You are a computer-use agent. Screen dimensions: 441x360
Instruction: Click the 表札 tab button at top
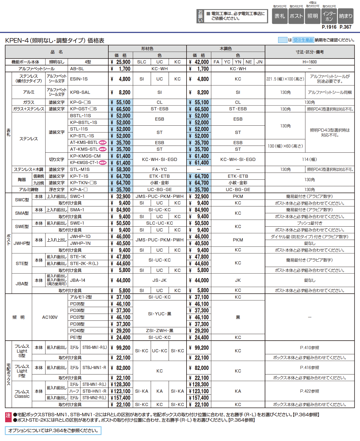tap(280, 16)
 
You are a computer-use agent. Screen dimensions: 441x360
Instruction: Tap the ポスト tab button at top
tap(296, 16)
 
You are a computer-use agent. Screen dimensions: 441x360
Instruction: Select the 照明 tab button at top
tap(313, 16)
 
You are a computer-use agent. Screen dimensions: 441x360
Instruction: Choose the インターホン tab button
tap(329, 16)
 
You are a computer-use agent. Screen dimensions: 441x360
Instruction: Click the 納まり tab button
tap(345, 16)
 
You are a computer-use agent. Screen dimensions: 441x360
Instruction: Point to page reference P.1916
tap(329, 27)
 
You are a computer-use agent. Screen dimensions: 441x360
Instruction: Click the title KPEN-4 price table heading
tap(55, 40)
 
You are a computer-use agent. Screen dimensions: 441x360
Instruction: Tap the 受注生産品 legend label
tap(303, 40)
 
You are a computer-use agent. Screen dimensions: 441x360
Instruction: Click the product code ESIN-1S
tap(79, 79)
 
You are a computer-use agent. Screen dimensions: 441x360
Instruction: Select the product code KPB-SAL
tap(80, 92)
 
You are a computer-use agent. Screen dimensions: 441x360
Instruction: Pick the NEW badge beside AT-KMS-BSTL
tap(103, 142)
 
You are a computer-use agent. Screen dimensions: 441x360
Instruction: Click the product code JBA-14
tap(78, 280)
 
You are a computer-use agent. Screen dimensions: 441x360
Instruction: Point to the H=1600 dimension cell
tap(309, 62)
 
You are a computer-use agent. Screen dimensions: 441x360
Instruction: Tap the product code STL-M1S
tap(80, 169)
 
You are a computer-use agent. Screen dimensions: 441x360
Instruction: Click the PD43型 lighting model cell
tap(77, 331)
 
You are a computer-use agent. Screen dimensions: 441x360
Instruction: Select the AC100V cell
tap(50, 317)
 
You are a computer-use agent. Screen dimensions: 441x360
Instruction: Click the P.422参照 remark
tap(309, 391)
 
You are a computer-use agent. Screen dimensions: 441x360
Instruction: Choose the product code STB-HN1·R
tap(94, 391)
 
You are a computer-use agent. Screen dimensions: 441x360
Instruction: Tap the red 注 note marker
tap(8, 416)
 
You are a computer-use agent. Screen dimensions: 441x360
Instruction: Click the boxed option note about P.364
tap(53, 430)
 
